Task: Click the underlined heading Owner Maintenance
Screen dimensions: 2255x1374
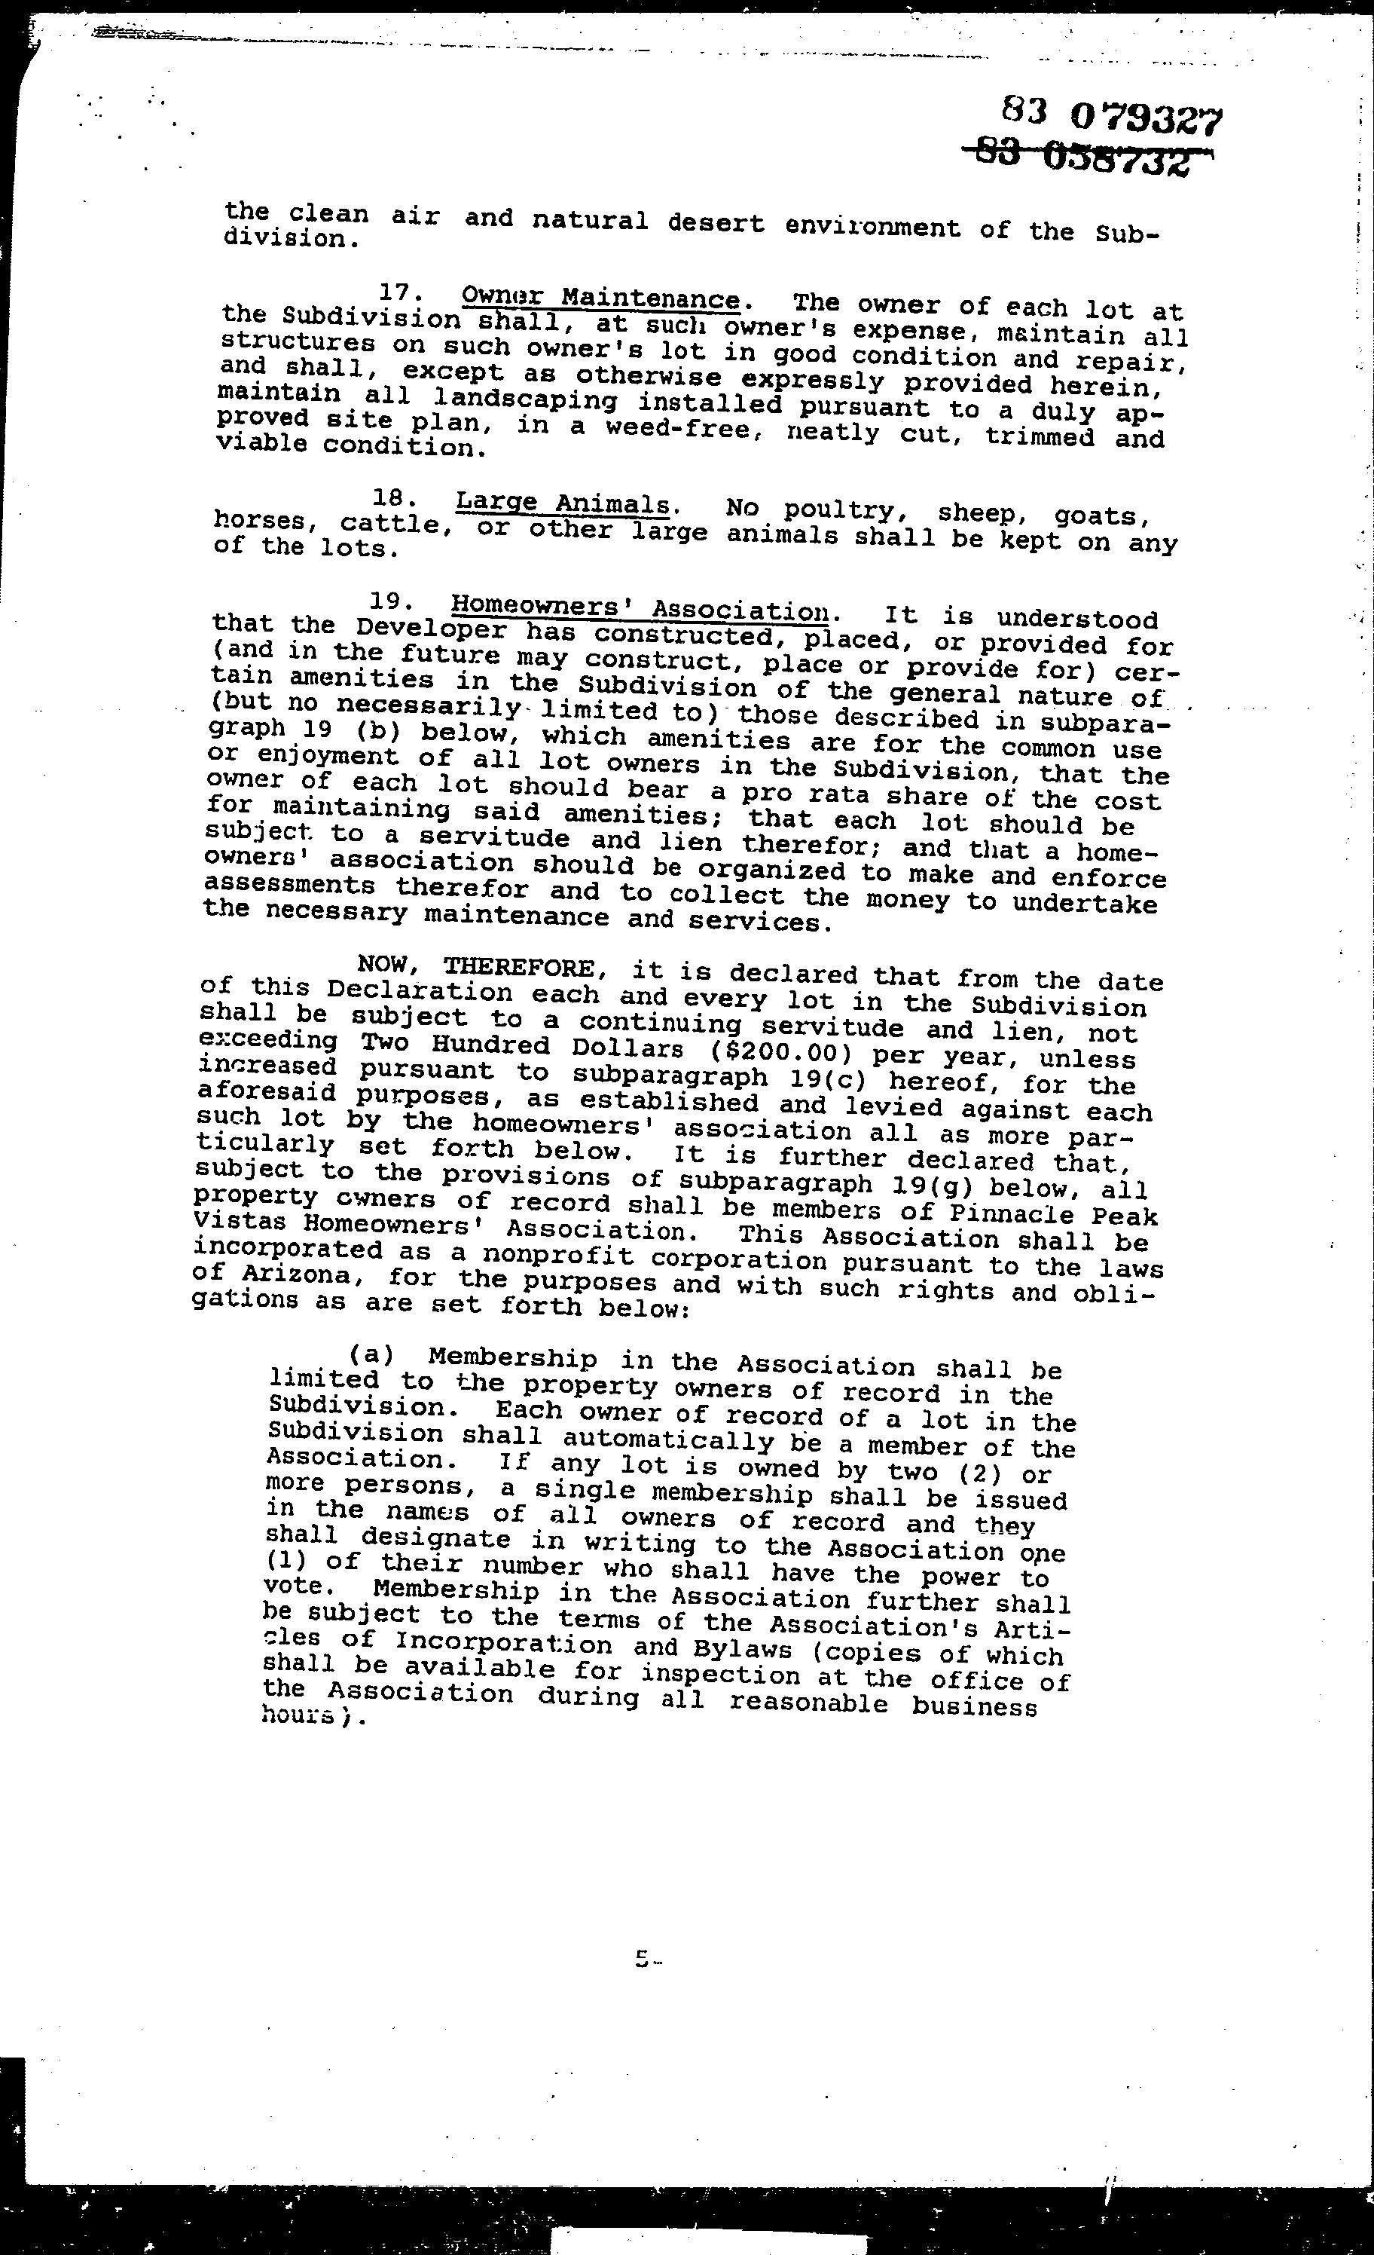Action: pyautogui.click(x=600, y=298)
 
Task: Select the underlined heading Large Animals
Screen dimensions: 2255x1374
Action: pyautogui.click(x=563, y=504)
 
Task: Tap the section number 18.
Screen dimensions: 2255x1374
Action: pyautogui.click(x=394, y=500)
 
